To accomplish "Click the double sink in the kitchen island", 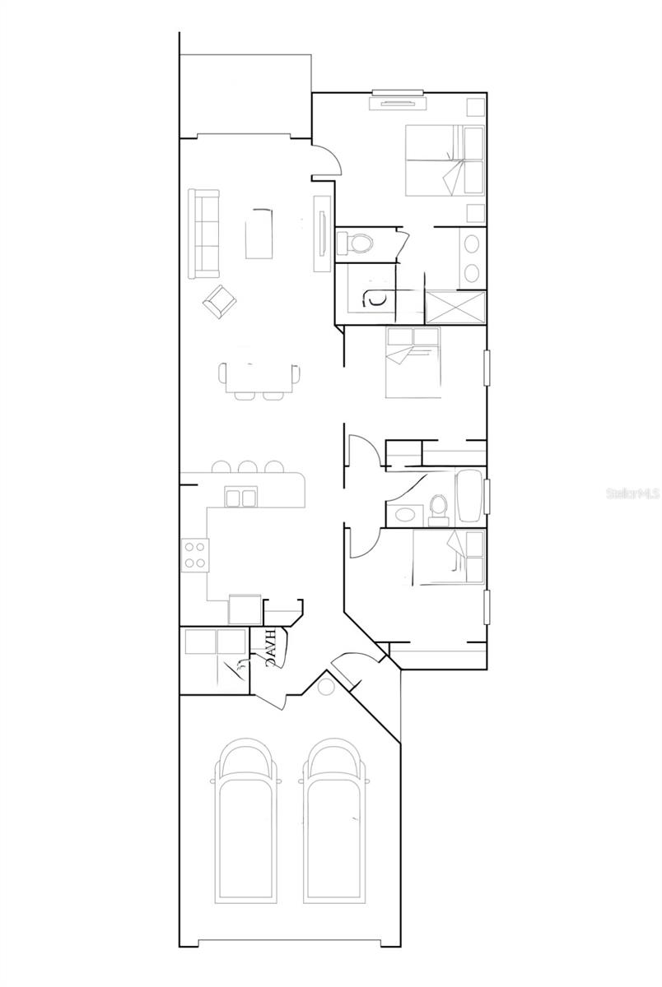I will point(240,496).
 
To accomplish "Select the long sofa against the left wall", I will point(203,234).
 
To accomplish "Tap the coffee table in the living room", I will point(261,234).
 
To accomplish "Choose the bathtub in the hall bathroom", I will point(469,496).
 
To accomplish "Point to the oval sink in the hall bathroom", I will point(405,516).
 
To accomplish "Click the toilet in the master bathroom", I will point(356,243).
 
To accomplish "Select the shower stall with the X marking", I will point(455,306).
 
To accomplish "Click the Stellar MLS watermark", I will point(632,494).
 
